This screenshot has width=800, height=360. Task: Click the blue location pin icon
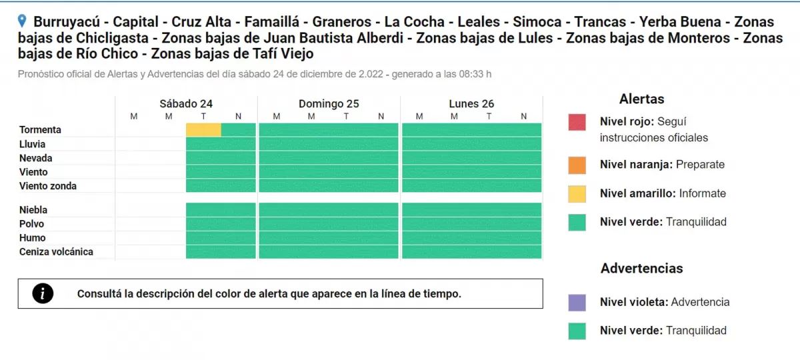click(23, 21)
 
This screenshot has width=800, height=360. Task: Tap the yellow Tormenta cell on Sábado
click(203, 130)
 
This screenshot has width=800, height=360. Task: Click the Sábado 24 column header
click(186, 103)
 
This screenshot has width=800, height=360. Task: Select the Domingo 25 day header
click(329, 103)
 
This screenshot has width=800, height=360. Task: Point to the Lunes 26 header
click(471, 103)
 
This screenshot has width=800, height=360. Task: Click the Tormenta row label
click(40, 130)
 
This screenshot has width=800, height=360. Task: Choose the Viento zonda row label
click(48, 186)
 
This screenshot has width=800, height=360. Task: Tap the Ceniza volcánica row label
click(56, 252)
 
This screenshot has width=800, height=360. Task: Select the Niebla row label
click(33, 210)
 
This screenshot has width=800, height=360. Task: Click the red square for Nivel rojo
click(577, 123)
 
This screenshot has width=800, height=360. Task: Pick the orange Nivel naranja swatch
click(577, 165)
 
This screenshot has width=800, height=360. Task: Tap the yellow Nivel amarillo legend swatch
click(577, 193)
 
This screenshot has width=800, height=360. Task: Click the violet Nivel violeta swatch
click(577, 302)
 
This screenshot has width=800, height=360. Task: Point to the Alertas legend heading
click(641, 99)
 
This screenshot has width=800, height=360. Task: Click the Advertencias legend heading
click(641, 269)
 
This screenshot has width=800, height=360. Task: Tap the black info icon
click(43, 293)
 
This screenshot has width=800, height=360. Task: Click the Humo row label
click(33, 238)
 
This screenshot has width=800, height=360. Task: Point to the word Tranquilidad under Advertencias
click(696, 331)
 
